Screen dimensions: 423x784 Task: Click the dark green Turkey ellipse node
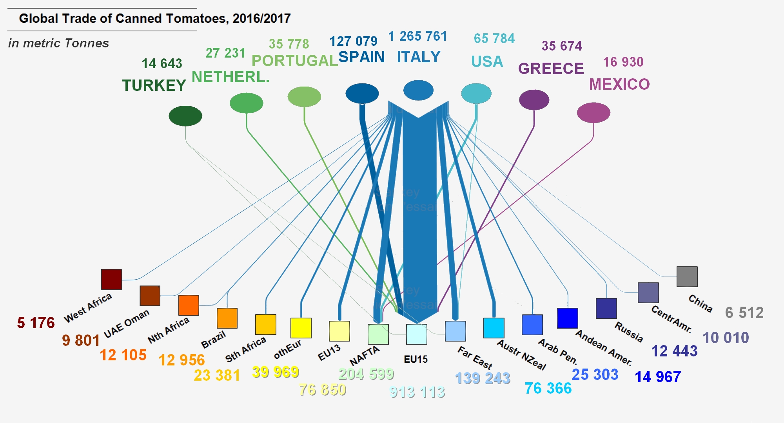coord(185,116)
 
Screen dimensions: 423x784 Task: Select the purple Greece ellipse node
coord(534,99)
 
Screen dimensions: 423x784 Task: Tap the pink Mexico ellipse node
coord(593,113)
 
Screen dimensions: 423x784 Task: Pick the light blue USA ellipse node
coord(476,94)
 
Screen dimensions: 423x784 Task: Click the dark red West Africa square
coord(111,279)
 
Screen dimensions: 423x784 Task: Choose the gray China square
coord(687,277)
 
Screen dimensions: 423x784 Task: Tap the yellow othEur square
coord(301,328)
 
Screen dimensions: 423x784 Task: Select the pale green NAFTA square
coord(378,334)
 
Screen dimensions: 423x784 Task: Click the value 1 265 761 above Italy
coord(417,36)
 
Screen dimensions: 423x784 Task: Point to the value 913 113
coord(417,392)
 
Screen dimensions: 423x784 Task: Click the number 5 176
coord(36,323)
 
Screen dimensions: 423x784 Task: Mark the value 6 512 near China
coord(744,313)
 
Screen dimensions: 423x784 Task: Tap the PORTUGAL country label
coord(295,61)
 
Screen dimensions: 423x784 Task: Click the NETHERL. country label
coord(230,77)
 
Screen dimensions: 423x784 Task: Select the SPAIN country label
coord(361,57)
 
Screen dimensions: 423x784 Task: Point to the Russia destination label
coord(629,332)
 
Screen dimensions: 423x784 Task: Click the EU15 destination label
coord(416,359)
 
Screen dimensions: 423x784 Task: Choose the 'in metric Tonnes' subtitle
coord(58,43)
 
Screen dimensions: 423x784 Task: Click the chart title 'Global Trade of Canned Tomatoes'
coord(155,18)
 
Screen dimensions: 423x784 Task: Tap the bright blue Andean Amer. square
coord(568,318)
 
